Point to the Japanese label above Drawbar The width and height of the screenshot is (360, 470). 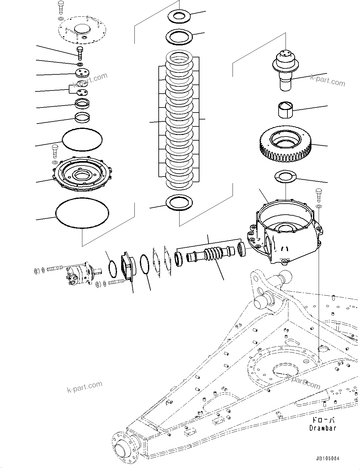(323, 420)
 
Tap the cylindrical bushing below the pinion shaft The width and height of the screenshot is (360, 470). (286, 109)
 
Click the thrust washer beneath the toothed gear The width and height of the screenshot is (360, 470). (286, 177)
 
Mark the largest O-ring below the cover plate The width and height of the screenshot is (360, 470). (82, 212)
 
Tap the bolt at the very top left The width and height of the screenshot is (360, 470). (61, 7)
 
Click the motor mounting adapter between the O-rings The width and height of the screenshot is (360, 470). (128, 268)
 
